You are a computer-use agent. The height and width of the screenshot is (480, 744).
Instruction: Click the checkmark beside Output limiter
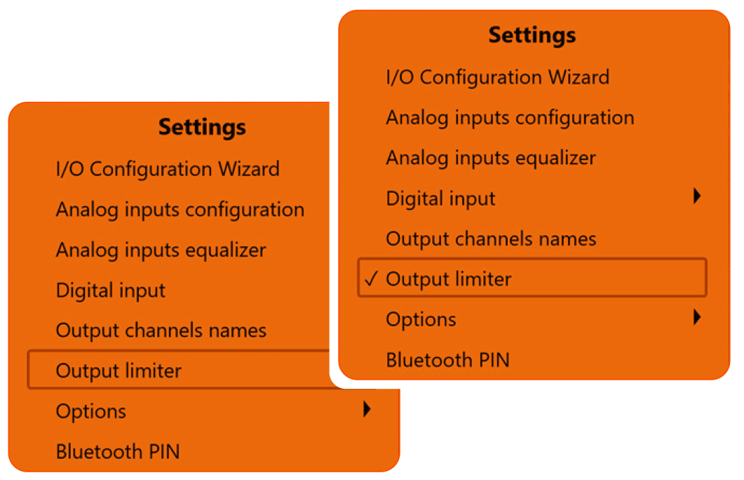coord(371,279)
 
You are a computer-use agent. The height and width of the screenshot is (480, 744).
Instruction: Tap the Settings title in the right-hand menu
coord(532,35)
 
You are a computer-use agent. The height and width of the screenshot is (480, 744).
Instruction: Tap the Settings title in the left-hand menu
coord(202,127)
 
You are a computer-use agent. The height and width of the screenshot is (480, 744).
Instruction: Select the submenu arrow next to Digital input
coord(696,196)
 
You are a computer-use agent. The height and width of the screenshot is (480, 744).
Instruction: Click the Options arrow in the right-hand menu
coord(696,318)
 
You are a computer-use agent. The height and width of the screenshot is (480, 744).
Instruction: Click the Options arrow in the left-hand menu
coord(366,410)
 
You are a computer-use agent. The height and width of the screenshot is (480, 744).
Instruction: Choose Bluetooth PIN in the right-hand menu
coord(447,360)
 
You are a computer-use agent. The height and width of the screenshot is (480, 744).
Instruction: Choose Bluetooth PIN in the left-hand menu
coord(118,451)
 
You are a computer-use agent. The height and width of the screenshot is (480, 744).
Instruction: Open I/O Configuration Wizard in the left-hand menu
coord(168,169)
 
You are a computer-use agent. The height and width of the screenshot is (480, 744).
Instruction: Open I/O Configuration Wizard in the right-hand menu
coord(498,77)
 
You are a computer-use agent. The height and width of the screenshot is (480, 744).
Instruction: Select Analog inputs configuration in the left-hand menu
coord(180,210)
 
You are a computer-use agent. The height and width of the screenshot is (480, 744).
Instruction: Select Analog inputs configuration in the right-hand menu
coord(510,118)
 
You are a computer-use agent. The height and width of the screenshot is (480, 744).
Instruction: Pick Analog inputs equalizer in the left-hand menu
coord(161,251)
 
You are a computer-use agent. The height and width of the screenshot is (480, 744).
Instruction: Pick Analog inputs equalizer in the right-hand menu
coord(491,158)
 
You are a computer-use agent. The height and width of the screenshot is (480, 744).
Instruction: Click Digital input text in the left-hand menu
coord(111,291)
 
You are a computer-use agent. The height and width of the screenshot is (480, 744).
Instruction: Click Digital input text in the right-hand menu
coord(440,199)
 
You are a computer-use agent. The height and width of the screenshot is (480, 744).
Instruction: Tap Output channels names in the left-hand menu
coord(161,331)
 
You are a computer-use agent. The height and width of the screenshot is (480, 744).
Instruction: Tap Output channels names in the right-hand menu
coord(491,239)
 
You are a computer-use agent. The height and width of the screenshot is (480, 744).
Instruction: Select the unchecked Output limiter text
coord(119,371)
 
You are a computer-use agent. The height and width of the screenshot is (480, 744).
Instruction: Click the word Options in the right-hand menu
coord(421,319)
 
